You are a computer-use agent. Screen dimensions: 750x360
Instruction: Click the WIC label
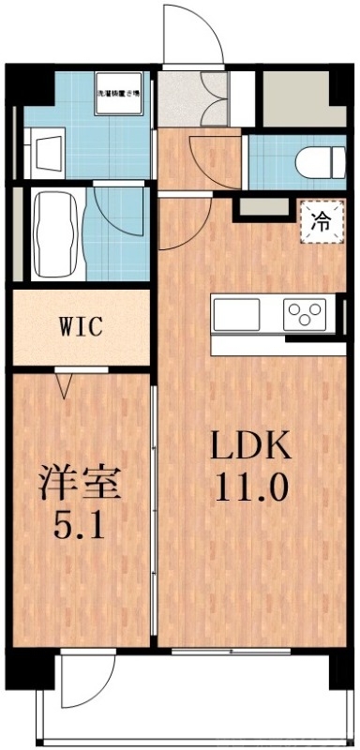pyautogui.click(x=81, y=328)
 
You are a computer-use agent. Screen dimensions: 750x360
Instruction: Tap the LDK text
pyautogui.click(x=250, y=446)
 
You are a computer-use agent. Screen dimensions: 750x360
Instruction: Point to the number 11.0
pyautogui.click(x=250, y=487)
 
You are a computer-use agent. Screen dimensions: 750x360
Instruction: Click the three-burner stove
pyautogui.click(x=305, y=311)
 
